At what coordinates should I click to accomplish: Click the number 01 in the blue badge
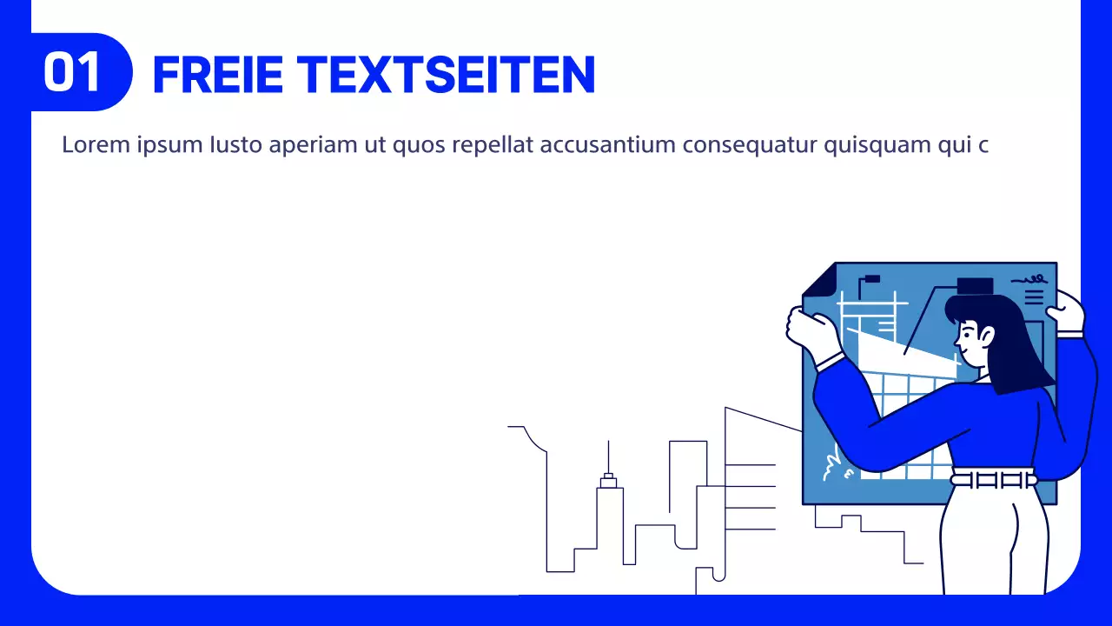coord(73,73)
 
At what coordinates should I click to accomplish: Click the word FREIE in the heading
coord(217,75)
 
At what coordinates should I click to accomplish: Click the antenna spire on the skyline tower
coord(608,456)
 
